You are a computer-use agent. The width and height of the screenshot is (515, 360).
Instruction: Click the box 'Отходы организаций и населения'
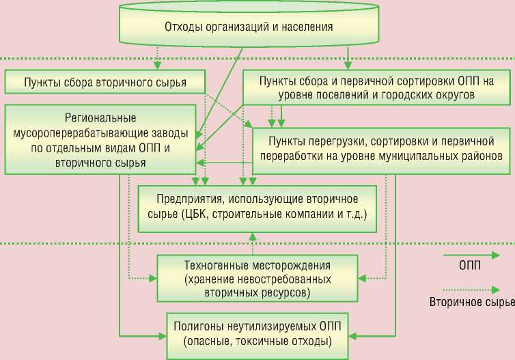pyautogui.click(x=249, y=27)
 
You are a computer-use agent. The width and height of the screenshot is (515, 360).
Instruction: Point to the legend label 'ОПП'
pyautogui.click(x=469, y=266)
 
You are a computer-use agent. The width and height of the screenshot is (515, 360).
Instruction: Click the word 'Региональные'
pyautogui.click(x=100, y=117)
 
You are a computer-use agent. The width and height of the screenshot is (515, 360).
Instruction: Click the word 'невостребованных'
pyautogui.click(x=289, y=279)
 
